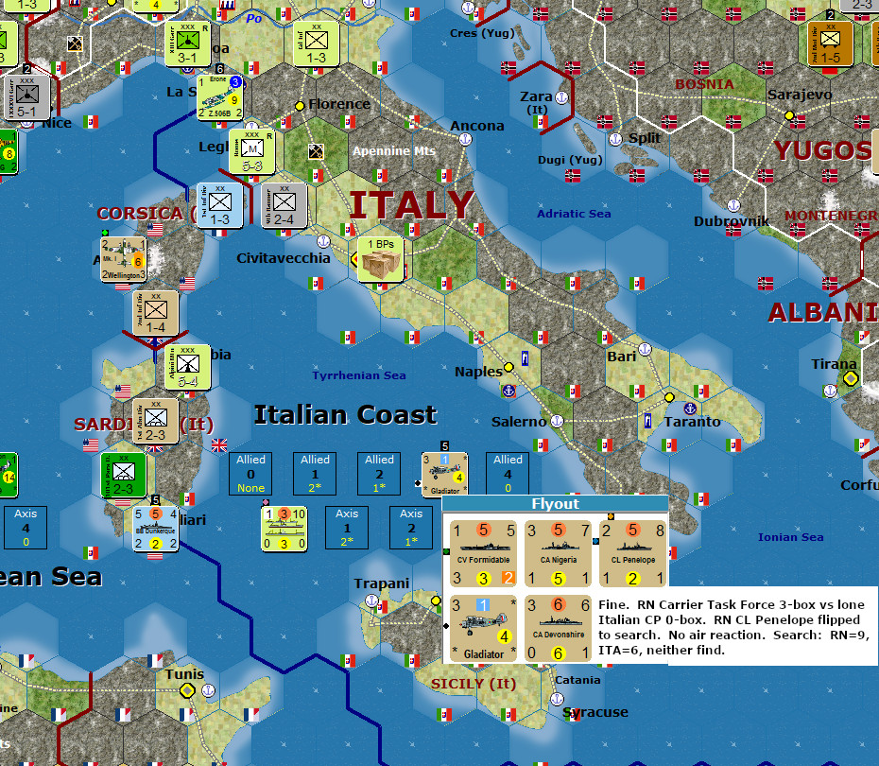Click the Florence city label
coord(339,104)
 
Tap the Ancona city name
coord(477,126)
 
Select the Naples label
coord(478,372)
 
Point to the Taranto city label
coord(693,422)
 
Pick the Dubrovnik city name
coord(732,221)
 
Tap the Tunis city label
coord(184,675)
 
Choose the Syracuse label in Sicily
coord(595,712)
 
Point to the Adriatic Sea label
coord(574,214)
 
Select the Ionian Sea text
coord(790,537)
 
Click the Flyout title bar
coord(555,504)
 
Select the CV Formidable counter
coord(483,554)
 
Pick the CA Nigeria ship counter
coord(557,554)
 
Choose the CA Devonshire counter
coord(557,628)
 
